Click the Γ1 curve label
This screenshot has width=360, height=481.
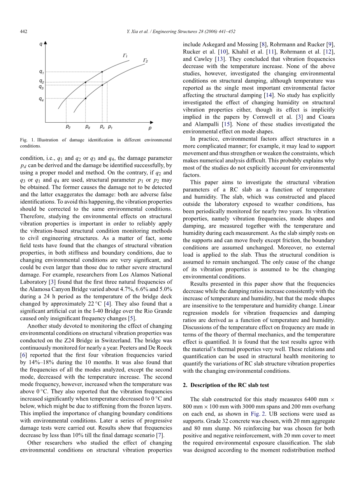click(126, 56)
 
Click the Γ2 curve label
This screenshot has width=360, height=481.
click(145, 61)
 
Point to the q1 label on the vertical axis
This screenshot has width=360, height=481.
click(41, 72)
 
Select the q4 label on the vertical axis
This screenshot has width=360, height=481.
click(41, 99)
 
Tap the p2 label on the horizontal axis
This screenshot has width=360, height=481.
click(68, 127)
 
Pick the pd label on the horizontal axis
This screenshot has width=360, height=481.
click(88, 127)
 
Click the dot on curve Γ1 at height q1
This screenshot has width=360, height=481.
click(102, 72)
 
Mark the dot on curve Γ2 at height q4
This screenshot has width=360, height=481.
click(86, 99)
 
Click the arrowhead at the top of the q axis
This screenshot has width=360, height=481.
click(46, 43)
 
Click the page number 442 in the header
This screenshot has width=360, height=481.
click(23, 32)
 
